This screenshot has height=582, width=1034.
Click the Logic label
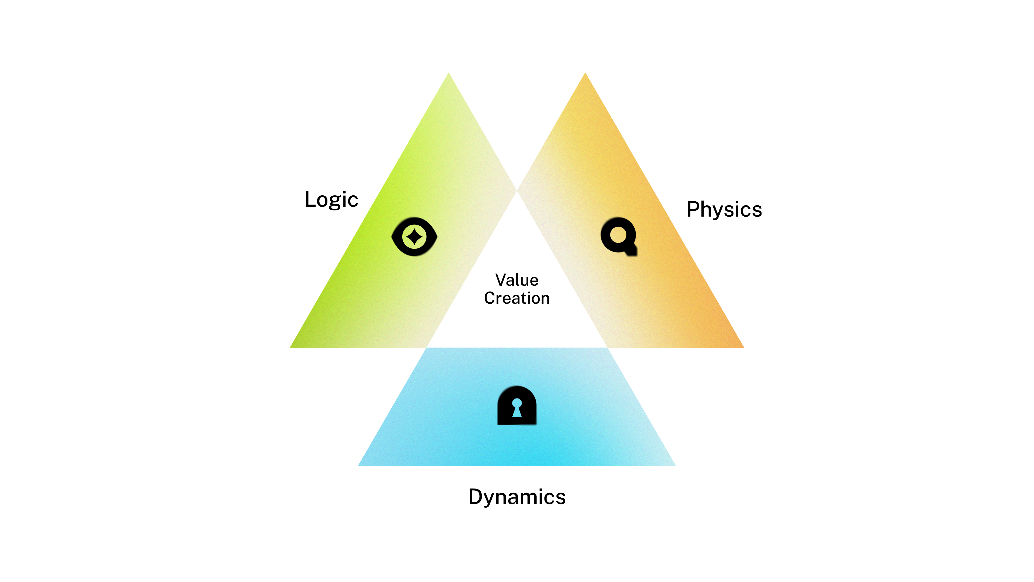point(331,200)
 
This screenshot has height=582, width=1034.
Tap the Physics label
point(724,209)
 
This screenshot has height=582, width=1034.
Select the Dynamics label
point(517,497)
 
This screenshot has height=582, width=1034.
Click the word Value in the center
point(517,280)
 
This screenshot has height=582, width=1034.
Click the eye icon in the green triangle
point(414,237)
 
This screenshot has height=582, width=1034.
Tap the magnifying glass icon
point(619,235)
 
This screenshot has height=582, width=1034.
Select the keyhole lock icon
point(517,406)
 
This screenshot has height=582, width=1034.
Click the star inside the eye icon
point(414,236)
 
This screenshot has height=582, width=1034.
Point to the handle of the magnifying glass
point(631,251)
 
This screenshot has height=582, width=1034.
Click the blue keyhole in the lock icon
point(517,407)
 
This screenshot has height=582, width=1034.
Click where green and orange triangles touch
point(517,191)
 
